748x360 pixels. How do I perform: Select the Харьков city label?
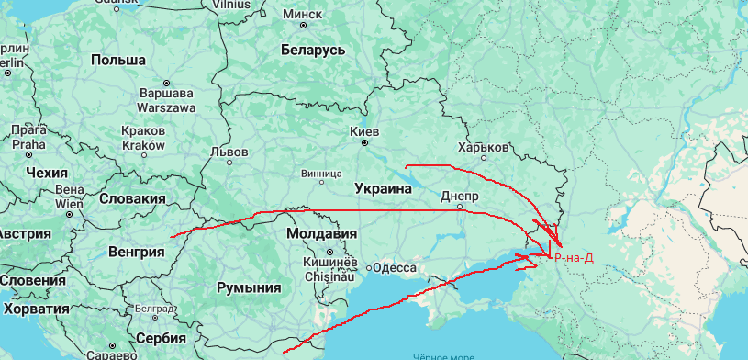coord(483,147)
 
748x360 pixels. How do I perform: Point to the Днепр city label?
coord(460,197)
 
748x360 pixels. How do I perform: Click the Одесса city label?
coord(396,267)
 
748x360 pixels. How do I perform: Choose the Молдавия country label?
coord(321,233)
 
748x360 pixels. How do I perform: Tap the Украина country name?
coord(382,188)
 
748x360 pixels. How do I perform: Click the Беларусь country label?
coord(313,49)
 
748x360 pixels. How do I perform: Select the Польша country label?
coord(118,60)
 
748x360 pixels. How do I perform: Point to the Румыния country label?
coord(248,287)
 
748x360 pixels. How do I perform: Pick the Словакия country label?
coord(132,198)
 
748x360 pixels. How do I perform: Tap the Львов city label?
coord(229,152)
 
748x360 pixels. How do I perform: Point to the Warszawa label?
coord(166,107)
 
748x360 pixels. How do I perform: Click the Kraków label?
coord(142,145)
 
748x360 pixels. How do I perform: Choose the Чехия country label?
coord(48,173)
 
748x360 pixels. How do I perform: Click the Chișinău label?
coord(329,274)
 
